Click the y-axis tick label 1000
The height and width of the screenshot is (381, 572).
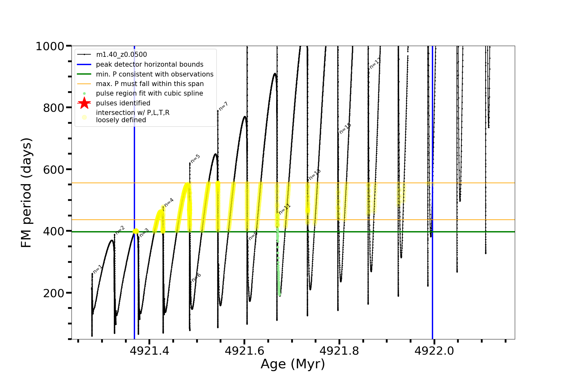point(50,46)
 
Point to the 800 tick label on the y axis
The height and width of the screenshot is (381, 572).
point(53,108)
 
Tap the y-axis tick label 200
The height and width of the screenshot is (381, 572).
point(53,293)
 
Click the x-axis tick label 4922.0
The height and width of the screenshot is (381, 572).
point(434,351)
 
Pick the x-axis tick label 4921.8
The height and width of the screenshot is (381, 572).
point(339,351)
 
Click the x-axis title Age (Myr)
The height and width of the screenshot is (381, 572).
point(293,364)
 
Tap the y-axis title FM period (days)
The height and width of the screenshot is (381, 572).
point(26,192)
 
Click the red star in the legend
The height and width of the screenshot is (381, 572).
point(84,103)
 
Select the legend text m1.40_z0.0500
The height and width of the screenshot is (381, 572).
point(121,55)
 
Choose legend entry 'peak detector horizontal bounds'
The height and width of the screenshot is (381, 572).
point(149,64)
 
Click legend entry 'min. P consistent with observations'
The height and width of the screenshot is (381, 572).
point(154,74)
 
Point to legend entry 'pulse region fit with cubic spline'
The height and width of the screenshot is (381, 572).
point(149,93)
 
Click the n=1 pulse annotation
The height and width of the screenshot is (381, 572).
point(98,269)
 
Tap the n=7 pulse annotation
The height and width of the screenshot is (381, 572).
point(223,106)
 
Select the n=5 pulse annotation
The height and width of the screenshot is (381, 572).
point(195,159)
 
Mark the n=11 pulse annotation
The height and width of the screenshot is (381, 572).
point(284,209)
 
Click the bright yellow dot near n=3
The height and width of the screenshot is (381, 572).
point(136,231)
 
